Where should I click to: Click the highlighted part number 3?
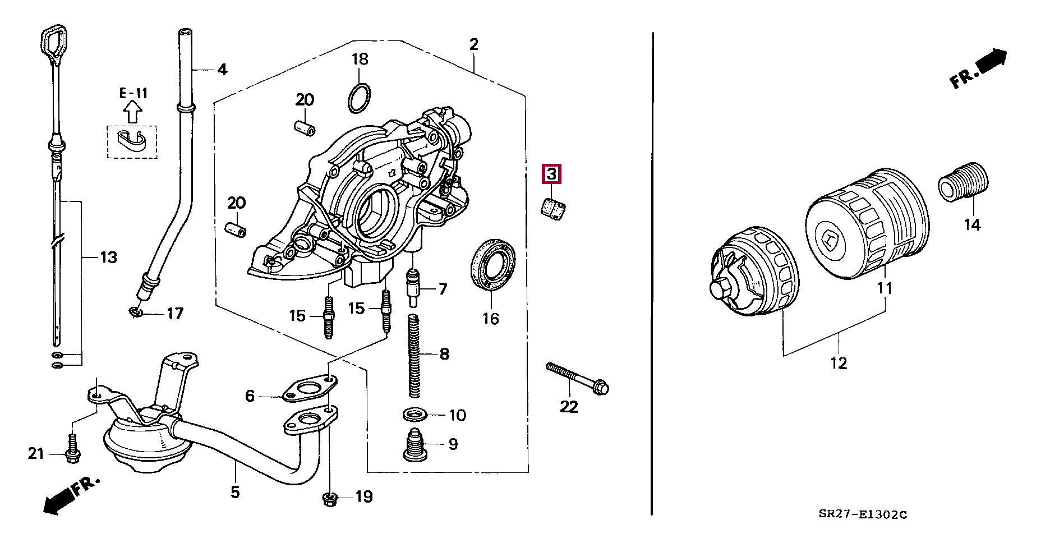click(x=551, y=174)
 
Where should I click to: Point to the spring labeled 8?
click(x=414, y=355)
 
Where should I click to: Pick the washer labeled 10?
click(x=415, y=415)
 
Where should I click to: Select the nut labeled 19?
click(x=330, y=496)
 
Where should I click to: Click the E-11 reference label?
click(x=133, y=93)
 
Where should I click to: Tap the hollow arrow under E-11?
click(x=132, y=111)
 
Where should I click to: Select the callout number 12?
click(x=839, y=363)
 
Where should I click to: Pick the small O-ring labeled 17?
click(x=135, y=312)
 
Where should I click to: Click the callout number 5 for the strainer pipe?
click(x=235, y=492)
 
